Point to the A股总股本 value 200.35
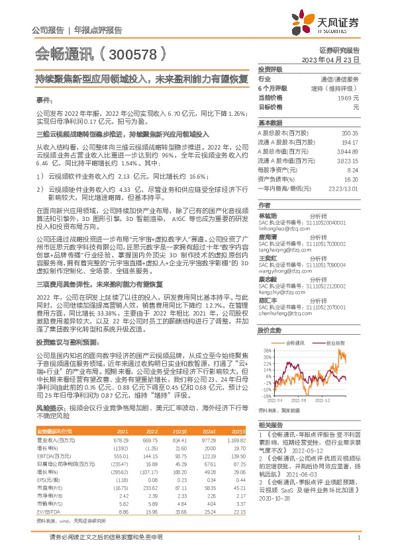pyautogui.click(x=350, y=133)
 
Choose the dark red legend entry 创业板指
pyautogui.click(x=334, y=344)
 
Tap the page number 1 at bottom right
pyautogui.click(x=358, y=538)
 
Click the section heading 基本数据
pyautogui.click(x=269, y=123)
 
